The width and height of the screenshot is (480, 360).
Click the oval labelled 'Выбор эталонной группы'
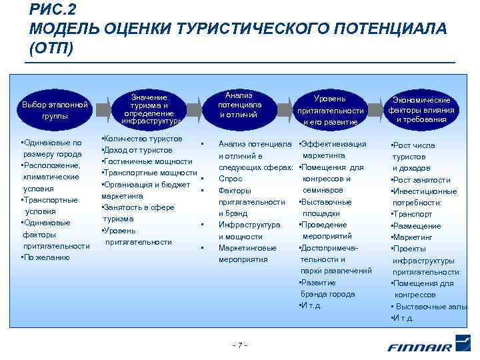point(55,110)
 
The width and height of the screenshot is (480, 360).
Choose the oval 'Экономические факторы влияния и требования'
point(421,109)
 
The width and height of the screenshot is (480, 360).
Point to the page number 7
point(239,345)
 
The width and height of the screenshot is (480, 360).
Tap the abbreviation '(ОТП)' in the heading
point(51,49)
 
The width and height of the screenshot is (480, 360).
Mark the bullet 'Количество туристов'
point(142,139)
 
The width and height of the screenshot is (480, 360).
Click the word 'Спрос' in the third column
point(231,179)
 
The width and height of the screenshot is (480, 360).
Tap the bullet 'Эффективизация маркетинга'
point(333,149)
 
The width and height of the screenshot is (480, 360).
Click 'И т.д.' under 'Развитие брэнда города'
point(311,305)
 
